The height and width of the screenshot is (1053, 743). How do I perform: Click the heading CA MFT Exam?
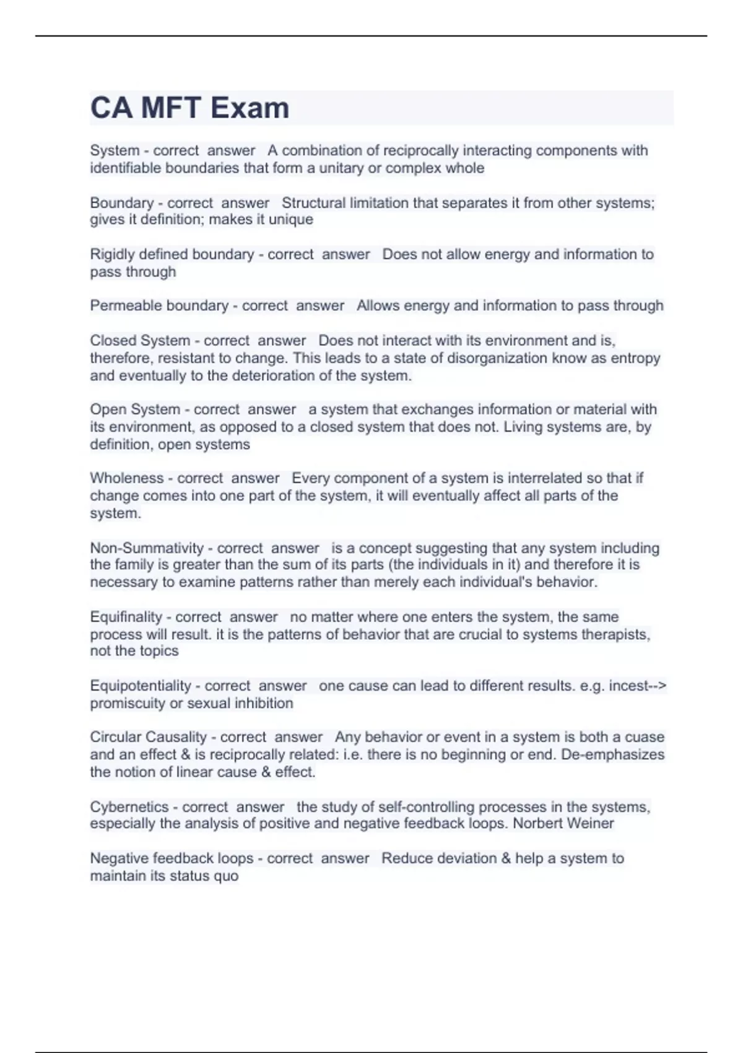pos(189,108)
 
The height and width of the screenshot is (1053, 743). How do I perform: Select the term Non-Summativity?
pos(147,548)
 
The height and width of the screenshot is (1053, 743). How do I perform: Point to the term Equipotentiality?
pos(141,686)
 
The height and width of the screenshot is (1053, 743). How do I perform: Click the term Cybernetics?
pos(129,807)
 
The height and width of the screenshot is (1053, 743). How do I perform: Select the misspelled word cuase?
pos(645,737)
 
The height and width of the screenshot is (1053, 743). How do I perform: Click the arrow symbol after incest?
pos(658,686)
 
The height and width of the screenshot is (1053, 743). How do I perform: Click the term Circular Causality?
pos(148,737)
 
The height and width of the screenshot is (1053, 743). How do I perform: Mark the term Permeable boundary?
pos(159,305)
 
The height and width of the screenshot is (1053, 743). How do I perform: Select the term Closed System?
pos(140,341)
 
